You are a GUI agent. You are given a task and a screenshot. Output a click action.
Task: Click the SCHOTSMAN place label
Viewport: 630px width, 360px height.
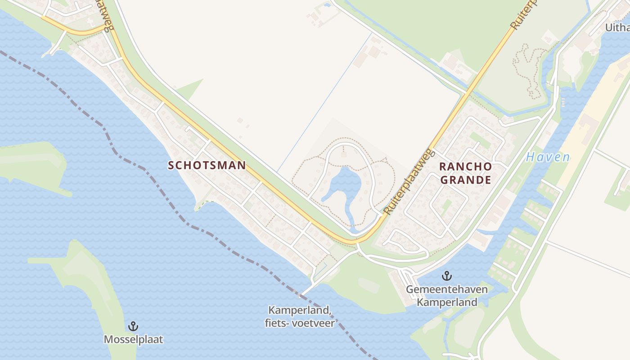(x=207, y=165)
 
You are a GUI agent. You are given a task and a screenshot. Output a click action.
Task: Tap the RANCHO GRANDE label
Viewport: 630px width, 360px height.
(x=465, y=173)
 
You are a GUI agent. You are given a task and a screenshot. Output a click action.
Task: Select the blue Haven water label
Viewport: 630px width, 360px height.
(x=548, y=157)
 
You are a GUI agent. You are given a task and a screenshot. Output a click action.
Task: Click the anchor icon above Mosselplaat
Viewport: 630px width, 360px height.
(x=133, y=326)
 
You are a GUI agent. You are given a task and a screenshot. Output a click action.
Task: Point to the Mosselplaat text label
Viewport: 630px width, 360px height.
(x=133, y=339)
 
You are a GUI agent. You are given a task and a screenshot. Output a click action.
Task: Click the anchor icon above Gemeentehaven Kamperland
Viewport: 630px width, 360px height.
(x=447, y=275)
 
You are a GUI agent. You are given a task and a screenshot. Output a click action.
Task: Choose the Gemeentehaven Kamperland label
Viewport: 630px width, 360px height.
(x=447, y=295)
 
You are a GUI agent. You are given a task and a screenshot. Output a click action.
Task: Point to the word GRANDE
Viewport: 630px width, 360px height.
(x=465, y=180)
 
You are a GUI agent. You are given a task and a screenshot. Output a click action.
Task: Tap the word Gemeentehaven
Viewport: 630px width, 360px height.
(x=447, y=289)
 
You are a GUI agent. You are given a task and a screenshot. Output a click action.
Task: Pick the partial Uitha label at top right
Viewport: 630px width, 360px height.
(x=617, y=27)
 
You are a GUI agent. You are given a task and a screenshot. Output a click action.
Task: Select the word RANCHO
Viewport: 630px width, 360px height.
(x=465, y=166)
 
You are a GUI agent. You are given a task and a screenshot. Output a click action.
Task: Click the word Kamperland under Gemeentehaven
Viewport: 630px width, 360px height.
(x=447, y=302)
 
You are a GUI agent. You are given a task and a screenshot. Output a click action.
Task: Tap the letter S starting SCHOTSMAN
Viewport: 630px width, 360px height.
(x=171, y=165)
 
